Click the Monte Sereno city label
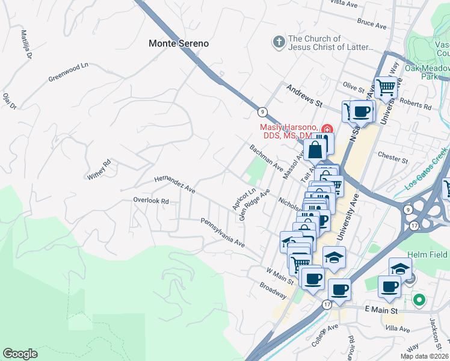179,43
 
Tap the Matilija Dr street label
26,45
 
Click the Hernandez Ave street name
174,184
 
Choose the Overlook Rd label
150,200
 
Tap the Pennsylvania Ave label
223,233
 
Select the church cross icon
278,42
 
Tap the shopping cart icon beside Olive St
386,87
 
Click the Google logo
20,354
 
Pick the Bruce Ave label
371,23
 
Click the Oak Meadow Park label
428,72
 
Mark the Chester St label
393,158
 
